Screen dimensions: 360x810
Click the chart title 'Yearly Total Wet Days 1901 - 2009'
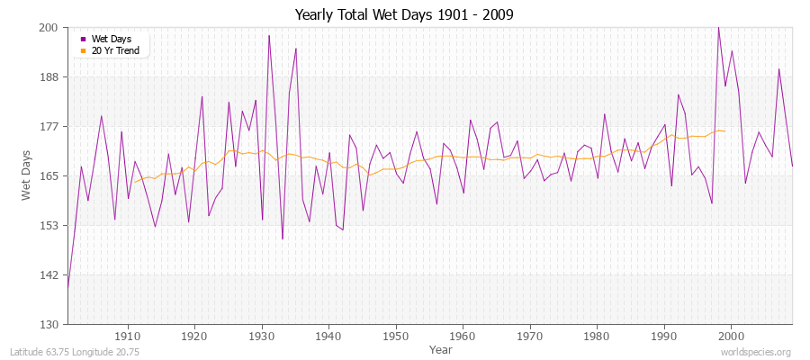404,15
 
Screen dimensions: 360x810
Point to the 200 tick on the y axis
49,28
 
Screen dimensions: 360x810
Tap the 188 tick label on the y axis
49,77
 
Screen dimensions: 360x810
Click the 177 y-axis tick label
49,127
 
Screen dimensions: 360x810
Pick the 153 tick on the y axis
49,225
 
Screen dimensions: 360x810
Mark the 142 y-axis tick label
49,274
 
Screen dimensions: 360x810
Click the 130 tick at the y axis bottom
49,324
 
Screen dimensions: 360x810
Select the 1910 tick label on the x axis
128,336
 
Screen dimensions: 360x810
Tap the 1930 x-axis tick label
262,336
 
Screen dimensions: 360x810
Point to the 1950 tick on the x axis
396,336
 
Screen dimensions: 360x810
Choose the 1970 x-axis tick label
530,336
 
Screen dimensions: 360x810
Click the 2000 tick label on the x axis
731,336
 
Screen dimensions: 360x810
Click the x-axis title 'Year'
441,348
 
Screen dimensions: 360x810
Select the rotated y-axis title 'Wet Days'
28,175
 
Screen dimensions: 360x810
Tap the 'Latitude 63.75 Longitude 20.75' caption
74,352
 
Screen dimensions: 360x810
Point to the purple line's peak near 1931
269,35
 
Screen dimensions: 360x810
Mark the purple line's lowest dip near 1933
283,238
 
